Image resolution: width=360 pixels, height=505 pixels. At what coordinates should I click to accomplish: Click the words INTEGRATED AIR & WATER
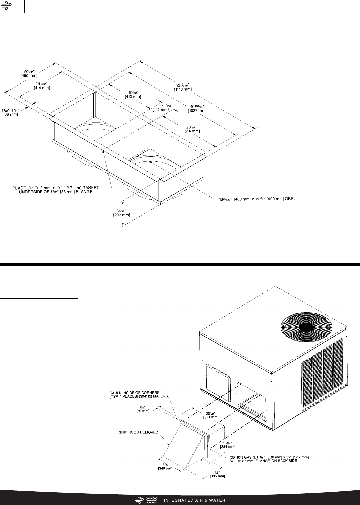pos(194,500)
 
